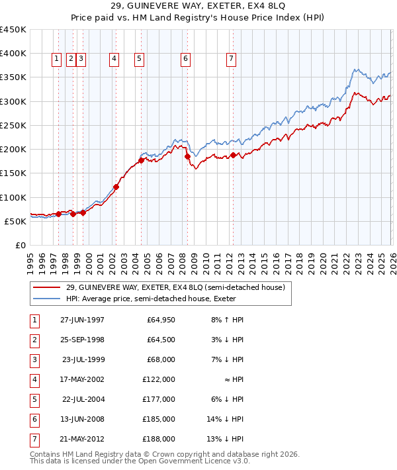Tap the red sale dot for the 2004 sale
coord(141,160)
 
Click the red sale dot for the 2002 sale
coord(116,187)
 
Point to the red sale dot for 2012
coord(234,156)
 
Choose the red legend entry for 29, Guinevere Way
coord(175,287)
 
